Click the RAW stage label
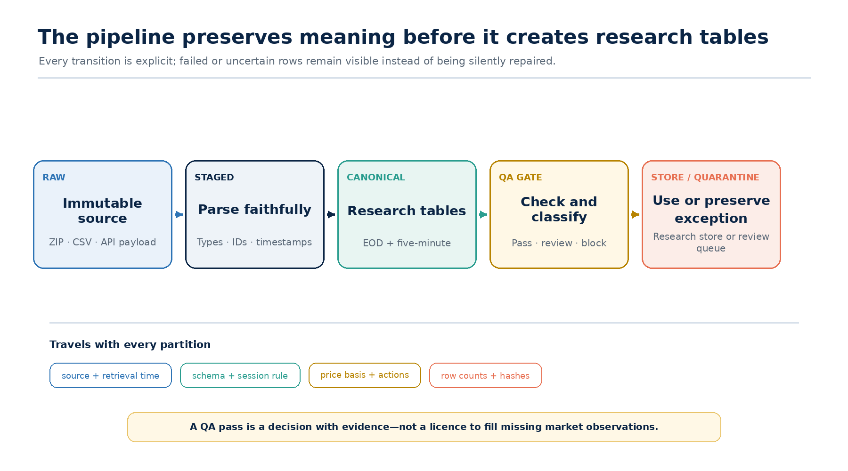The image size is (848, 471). click(x=54, y=178)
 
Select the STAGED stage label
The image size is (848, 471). click(x=214, y=178)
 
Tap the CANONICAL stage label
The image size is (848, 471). click(x=376, y=178)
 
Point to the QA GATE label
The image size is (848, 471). click(x=521, y=178)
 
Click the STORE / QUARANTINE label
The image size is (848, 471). click(x=705, y=178)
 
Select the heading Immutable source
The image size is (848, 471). click(x=103, y=211)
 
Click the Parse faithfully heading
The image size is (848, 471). click(x=255, y=210)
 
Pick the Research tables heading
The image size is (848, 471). click(x=407, y=211)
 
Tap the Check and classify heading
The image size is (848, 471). click(x=559, y=209)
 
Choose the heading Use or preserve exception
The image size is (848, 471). click(x=711, y=209)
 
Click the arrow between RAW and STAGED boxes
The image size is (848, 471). click(x=179, y=214)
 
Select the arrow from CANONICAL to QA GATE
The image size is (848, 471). click(x=483, y=214)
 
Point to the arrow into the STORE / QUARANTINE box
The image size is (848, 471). click(x=636, y=214)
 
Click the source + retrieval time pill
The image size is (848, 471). click(x=111, y=375)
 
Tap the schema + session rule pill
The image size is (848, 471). click(x=240, y=375)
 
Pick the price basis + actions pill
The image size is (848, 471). click(x=365, y=375)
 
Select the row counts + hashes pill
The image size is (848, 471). click(x=486, y=375)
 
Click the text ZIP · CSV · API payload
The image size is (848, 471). click(x=103, y=242)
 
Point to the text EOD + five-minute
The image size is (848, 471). click(x=407, y=243)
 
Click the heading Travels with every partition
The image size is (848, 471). click(x=130, y=344)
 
